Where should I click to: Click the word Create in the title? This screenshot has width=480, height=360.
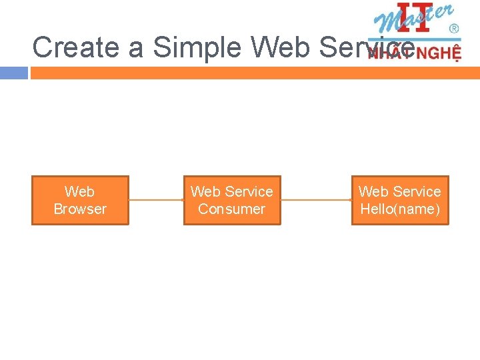pos(72,48)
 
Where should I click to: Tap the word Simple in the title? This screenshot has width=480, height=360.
pos(198,48)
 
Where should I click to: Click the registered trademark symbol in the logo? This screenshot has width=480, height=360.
pos(454,29)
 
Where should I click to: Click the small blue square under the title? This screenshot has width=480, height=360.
pos(14,73)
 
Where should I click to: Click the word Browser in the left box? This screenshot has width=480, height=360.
pos(80,209)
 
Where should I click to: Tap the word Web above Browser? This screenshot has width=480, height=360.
pos(80,192)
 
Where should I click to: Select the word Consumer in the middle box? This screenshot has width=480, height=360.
pos(231,209)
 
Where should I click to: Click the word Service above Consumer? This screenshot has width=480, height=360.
pos(248,192)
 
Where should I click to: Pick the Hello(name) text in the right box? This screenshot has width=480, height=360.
pos(400,209)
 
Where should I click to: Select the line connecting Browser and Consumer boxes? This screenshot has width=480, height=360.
pos(156,200)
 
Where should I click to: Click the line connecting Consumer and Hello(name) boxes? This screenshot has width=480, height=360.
pos(316,200)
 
